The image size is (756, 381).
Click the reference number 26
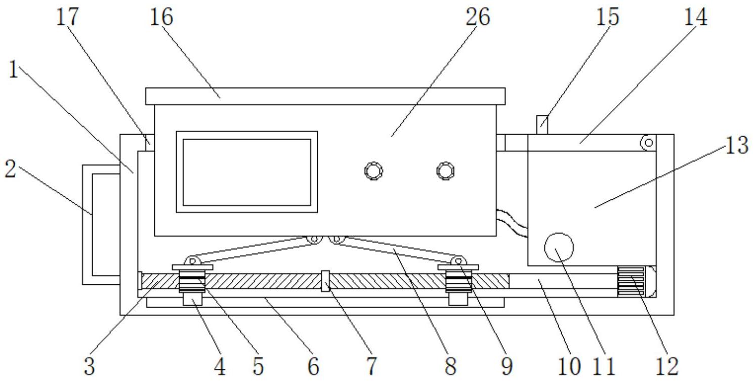[478, 17]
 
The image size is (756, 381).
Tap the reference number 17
[67, 17]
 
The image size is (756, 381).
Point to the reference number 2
[10, 170]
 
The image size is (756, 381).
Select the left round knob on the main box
[373, 171]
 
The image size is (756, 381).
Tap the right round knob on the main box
[445, 171]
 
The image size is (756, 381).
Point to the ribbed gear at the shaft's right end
[630, 281]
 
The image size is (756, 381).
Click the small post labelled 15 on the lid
[541, 124]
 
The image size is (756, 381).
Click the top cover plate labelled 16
[325, 96]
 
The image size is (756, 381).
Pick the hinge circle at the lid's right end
[648, 142]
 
